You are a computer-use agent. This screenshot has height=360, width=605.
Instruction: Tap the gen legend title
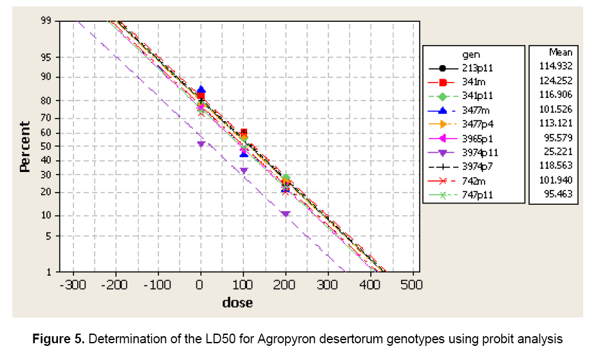point(471,54)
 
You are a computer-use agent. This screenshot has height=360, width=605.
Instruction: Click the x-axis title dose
point(237,302)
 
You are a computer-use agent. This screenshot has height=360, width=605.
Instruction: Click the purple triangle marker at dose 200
point(285,214)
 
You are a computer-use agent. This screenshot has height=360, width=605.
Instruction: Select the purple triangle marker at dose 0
point(201,144)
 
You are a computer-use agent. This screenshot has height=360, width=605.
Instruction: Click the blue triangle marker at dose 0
point(201,90)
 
